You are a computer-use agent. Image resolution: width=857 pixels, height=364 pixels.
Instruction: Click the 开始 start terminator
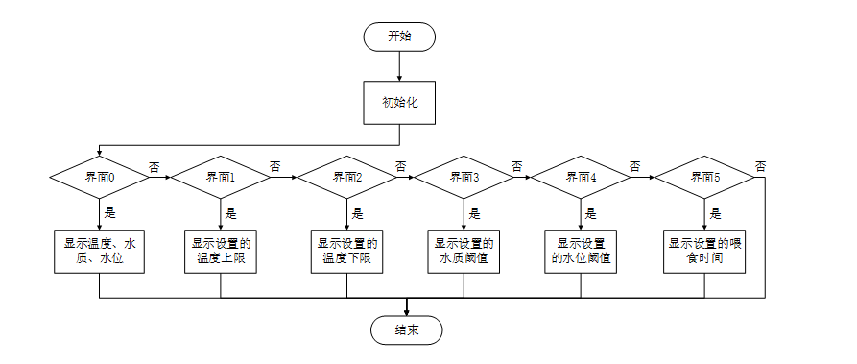[x=399, y=36]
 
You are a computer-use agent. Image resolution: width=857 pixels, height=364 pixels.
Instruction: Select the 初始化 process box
[x=399, y=102]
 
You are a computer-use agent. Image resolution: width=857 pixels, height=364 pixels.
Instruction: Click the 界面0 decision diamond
[x=100, y=178]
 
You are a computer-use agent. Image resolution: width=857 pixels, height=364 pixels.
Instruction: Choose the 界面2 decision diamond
[x=346, y=178]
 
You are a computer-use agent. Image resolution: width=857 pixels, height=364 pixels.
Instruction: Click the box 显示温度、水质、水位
[x=100, y=252]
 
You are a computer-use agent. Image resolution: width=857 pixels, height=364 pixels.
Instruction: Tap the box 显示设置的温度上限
[x=221, y=252]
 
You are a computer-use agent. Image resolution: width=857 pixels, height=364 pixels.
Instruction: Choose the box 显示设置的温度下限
[x=346, y=252]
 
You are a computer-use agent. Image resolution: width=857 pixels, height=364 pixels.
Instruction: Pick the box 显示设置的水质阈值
[x=464, y=252]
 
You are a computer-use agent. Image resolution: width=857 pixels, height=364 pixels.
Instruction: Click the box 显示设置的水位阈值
[x=581, y=252]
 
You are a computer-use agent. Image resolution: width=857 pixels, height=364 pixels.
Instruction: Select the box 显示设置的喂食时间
[x=705, y=252]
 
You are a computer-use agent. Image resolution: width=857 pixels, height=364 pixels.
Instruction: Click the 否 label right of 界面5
[x=760, y=166]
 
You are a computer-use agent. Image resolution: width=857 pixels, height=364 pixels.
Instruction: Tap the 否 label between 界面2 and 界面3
[x=399, y=166]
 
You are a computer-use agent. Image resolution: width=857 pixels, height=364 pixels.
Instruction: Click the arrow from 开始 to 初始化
[x=399, y=65]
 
